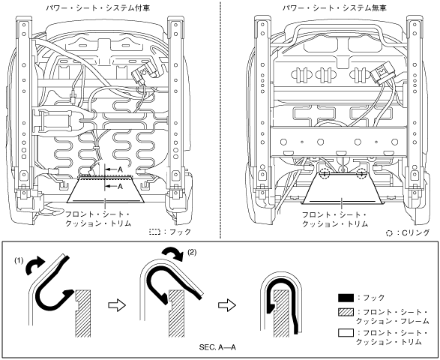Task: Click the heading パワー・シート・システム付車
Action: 98,7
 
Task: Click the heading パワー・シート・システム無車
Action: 334,7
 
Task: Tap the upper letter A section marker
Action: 120,169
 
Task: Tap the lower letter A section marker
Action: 120,186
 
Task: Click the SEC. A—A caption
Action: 217,347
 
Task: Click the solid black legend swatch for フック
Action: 346,298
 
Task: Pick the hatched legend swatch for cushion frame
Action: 346,312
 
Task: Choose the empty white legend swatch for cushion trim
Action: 346,333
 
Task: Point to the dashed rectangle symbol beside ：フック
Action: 154,232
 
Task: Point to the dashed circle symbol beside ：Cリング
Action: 389,233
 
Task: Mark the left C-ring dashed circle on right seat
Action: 325,174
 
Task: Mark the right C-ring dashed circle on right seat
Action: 361,174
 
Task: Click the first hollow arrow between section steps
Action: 117,305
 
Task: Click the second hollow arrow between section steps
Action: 226,305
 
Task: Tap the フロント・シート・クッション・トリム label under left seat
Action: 98,219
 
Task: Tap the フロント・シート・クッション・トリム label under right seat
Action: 334,219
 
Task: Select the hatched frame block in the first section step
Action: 83,313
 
